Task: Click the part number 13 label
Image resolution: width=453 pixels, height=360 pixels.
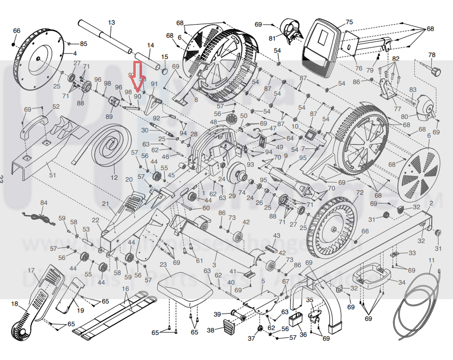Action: (112, 23)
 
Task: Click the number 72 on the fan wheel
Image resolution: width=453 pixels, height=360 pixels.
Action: (359, 193)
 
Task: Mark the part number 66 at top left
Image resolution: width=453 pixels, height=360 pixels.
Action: (17, 31)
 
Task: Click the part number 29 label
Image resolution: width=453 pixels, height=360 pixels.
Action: (232, 195)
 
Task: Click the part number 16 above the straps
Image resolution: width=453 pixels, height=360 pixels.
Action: (125, 289)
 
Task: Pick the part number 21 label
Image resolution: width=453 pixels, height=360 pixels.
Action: (105, 204)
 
